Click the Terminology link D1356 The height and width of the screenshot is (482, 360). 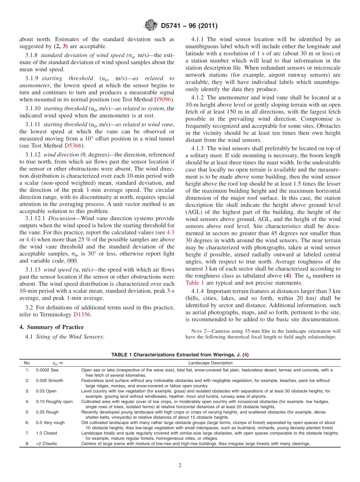(x=82, y=315)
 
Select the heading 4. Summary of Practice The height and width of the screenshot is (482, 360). (x=52, y=327)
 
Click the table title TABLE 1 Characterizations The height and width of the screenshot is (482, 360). (x=180, y=355)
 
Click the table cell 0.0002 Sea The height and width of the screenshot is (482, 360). (x=47, y=370)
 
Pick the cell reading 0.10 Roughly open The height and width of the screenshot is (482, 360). (x=54, y=402)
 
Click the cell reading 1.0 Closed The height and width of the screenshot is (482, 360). (x=47, y=433)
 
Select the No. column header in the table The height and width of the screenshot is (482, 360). (x=27, y=363)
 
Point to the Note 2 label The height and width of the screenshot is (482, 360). (x=199, y=331)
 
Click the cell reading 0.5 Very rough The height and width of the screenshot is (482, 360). (x=50, y=423)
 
